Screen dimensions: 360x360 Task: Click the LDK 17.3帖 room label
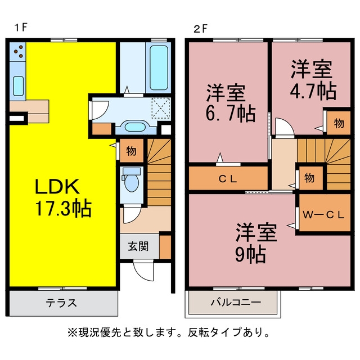coord(63,198)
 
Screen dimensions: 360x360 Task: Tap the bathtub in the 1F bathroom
coord(159,67)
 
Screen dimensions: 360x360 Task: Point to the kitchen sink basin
coord(18,86)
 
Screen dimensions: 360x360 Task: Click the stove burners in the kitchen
coord(19,52)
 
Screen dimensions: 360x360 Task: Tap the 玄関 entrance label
coord(138,246)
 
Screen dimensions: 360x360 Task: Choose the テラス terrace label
coord(61,303)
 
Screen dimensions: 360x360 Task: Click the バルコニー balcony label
coord(236,302)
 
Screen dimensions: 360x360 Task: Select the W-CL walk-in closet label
coord(323,215)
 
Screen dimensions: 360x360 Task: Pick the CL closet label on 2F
coord(228,179)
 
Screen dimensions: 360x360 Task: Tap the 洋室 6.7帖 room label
coord(231,103)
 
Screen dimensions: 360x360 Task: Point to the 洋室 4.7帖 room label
coord(313,80)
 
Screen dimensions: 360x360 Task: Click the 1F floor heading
coord(21,28)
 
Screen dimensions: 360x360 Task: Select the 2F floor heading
coord(200,29)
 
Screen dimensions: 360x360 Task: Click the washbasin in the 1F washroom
coord(135,127)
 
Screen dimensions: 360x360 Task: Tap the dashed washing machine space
coord(161,108)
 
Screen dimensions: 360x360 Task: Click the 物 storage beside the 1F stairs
coord(131,151)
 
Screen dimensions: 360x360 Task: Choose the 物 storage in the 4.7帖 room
coord(339,123)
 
